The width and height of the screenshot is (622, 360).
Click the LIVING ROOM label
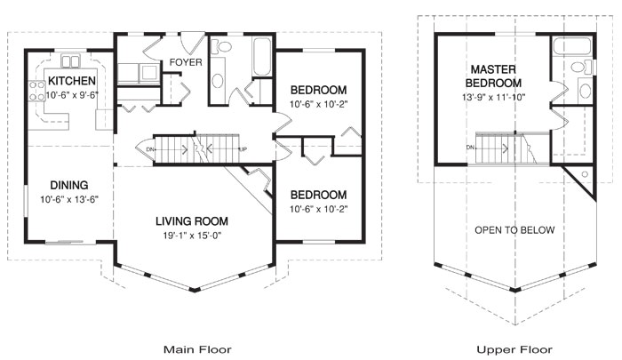pyautogui.click(x=192, y=220)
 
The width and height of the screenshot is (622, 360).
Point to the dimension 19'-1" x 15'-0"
pyautogui.click(x=192, y=235)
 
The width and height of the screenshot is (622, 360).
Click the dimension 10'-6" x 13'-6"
pyautogui.click(x=68, y=199)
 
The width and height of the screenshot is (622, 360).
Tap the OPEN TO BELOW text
pyautogui.click(x=514, y=229)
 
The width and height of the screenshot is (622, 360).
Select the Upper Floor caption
pyautogui.click(x=514, y=349)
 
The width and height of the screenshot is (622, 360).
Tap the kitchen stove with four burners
pyautogui.click(x=38, y=89)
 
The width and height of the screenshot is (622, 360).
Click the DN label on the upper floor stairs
pyautogui.click(x=468, y=148)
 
